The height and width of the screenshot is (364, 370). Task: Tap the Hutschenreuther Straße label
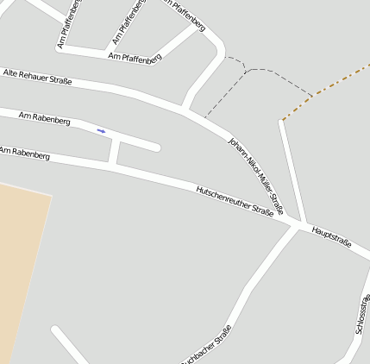[x=235, y=200]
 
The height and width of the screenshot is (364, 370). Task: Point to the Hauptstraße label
[x=332, y=237]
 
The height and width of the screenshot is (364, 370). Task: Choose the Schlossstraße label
[x=362, y=315]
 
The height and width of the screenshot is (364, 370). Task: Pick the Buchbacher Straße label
[x=208, y=345]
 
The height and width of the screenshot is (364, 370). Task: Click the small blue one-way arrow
[x=101, y=131]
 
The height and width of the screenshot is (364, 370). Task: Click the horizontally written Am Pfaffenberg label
[x=135, y=57]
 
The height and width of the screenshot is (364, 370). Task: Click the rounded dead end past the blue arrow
[x=157, y=147]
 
